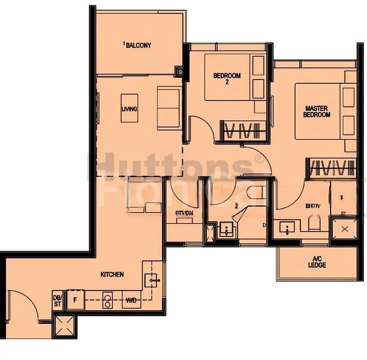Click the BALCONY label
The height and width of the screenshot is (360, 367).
[139, 45]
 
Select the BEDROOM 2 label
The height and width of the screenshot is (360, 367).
[227, 79]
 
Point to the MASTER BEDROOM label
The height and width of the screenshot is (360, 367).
[316, 112]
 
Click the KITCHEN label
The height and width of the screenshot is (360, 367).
[112, 274]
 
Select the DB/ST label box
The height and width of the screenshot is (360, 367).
[58, 299]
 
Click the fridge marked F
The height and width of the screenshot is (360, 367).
[76, 298]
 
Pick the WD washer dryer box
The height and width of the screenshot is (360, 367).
[130, 298]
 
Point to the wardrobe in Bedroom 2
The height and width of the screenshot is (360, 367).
[240, 131]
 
